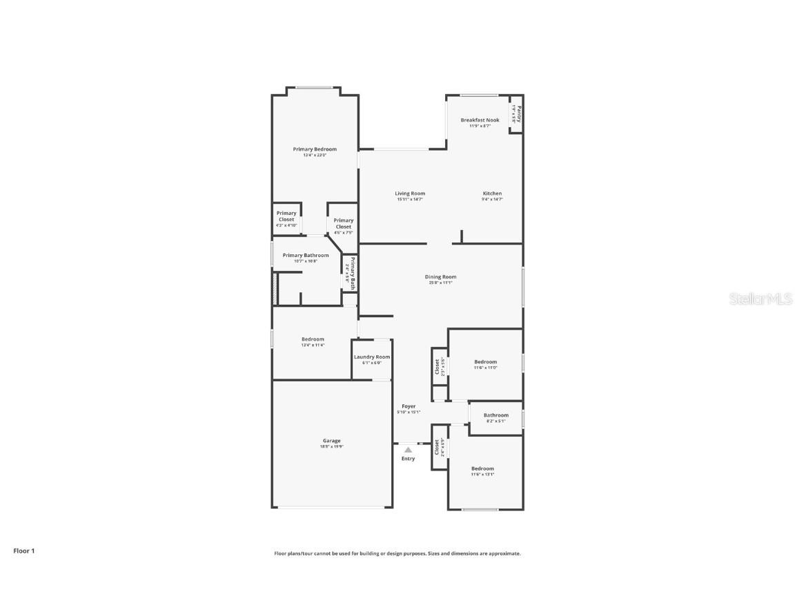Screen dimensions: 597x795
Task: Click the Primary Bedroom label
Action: (x=315, y=149)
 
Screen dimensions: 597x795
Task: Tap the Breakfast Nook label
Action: (x=480, y=120)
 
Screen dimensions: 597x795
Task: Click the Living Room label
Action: (x=410, y=193)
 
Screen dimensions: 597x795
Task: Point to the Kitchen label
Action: (x=492, y=193)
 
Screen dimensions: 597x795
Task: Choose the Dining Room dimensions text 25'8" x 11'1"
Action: (x=441, y=283)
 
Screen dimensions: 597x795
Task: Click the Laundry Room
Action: (x=372, y=359)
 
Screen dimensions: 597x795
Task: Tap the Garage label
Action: (x=331, y=441)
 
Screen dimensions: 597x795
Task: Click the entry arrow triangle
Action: (x=408, y=450)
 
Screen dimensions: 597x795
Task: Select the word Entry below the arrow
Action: (x=409, y=459)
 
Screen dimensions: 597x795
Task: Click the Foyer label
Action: (x=409, y=406)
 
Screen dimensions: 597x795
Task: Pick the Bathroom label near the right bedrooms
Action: (x=495, y=415)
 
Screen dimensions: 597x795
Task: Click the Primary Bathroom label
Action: (x=306, y=255)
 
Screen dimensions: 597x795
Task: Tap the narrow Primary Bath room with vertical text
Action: (x=351, y=274)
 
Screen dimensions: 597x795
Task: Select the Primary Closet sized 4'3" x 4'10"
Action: (x=286, y=218)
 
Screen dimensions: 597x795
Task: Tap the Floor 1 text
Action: (x=23, y=551)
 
